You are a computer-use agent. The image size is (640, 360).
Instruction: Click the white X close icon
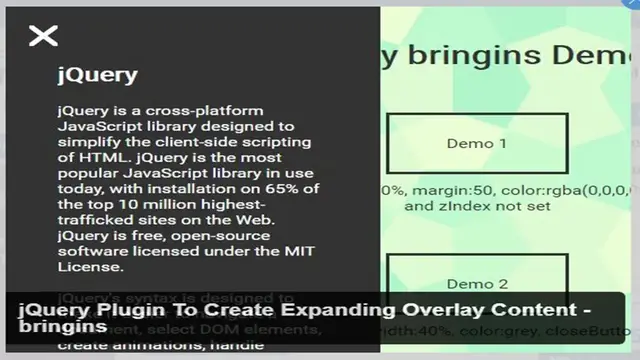[43, 37]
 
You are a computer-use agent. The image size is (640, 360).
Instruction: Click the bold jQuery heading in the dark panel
[97, 75]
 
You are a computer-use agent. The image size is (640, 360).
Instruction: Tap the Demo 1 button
[476, 143]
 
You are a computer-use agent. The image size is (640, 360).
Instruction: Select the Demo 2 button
[476, 284]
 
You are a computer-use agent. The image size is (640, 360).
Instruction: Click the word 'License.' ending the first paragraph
[90, 266]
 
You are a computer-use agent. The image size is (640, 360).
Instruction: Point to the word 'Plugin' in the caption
[123, 311]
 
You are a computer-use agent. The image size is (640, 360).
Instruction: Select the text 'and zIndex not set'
[470, 207]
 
